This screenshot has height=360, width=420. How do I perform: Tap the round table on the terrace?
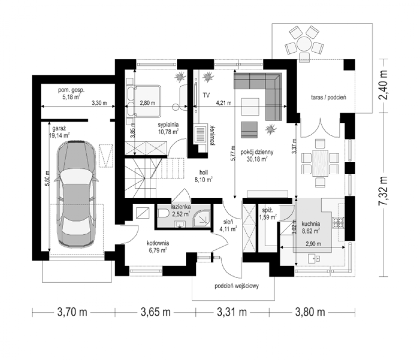pyautogui.click(x=304, y=44)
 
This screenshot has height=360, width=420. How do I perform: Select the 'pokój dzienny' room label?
pyautogui.click(x=257, y=152)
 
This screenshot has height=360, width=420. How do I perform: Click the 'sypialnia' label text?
pyautogui.click(x=168, y=124)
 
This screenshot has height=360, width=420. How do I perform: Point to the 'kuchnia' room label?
pyautogui.click(x=311, y=224)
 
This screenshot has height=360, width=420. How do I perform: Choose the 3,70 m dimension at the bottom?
pyautogui.click(x=72, y=312)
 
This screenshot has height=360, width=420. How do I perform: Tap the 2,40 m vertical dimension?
pyautogui.click(x=383, y=85)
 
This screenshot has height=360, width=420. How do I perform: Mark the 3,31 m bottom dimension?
pyautogui.click(x=232, y=312)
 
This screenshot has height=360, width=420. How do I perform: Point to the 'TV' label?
pyautogui.click(x=206, y=95)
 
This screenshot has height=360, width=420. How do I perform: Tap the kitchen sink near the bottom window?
pyautogui.click(x=314, y=258)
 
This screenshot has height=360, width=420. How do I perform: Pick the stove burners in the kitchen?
pyautogui.click(x=338, y=223)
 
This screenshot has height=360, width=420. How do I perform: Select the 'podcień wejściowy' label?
pyautogui.click(x=237, y=286)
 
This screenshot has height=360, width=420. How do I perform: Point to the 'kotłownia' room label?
pyautogui.click(x=158, y=243)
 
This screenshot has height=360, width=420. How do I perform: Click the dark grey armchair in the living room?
pyautogui.click(x=249, y=130)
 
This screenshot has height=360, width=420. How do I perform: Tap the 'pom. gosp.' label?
pyautogui.click(x=71, y=90)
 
